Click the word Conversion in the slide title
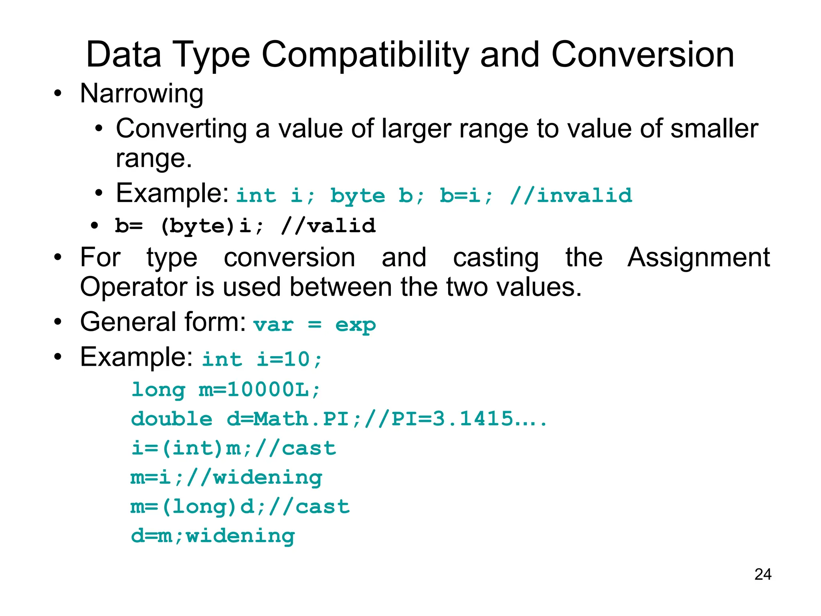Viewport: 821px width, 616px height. [643, 55]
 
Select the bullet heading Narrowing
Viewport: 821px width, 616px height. [142, 93]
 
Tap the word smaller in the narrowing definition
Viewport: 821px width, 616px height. [714, 129]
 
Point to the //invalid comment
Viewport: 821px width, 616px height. [571, 196]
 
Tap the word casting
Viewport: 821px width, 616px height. [496, 257]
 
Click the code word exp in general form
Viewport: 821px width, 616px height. [355, 325]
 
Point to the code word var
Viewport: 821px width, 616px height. [273, 325]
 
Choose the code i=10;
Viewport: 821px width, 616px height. [289, 359]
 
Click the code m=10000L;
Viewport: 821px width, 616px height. [260, 389]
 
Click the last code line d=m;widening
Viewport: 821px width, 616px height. [213, 536]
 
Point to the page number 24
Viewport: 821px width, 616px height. [762, 574]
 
